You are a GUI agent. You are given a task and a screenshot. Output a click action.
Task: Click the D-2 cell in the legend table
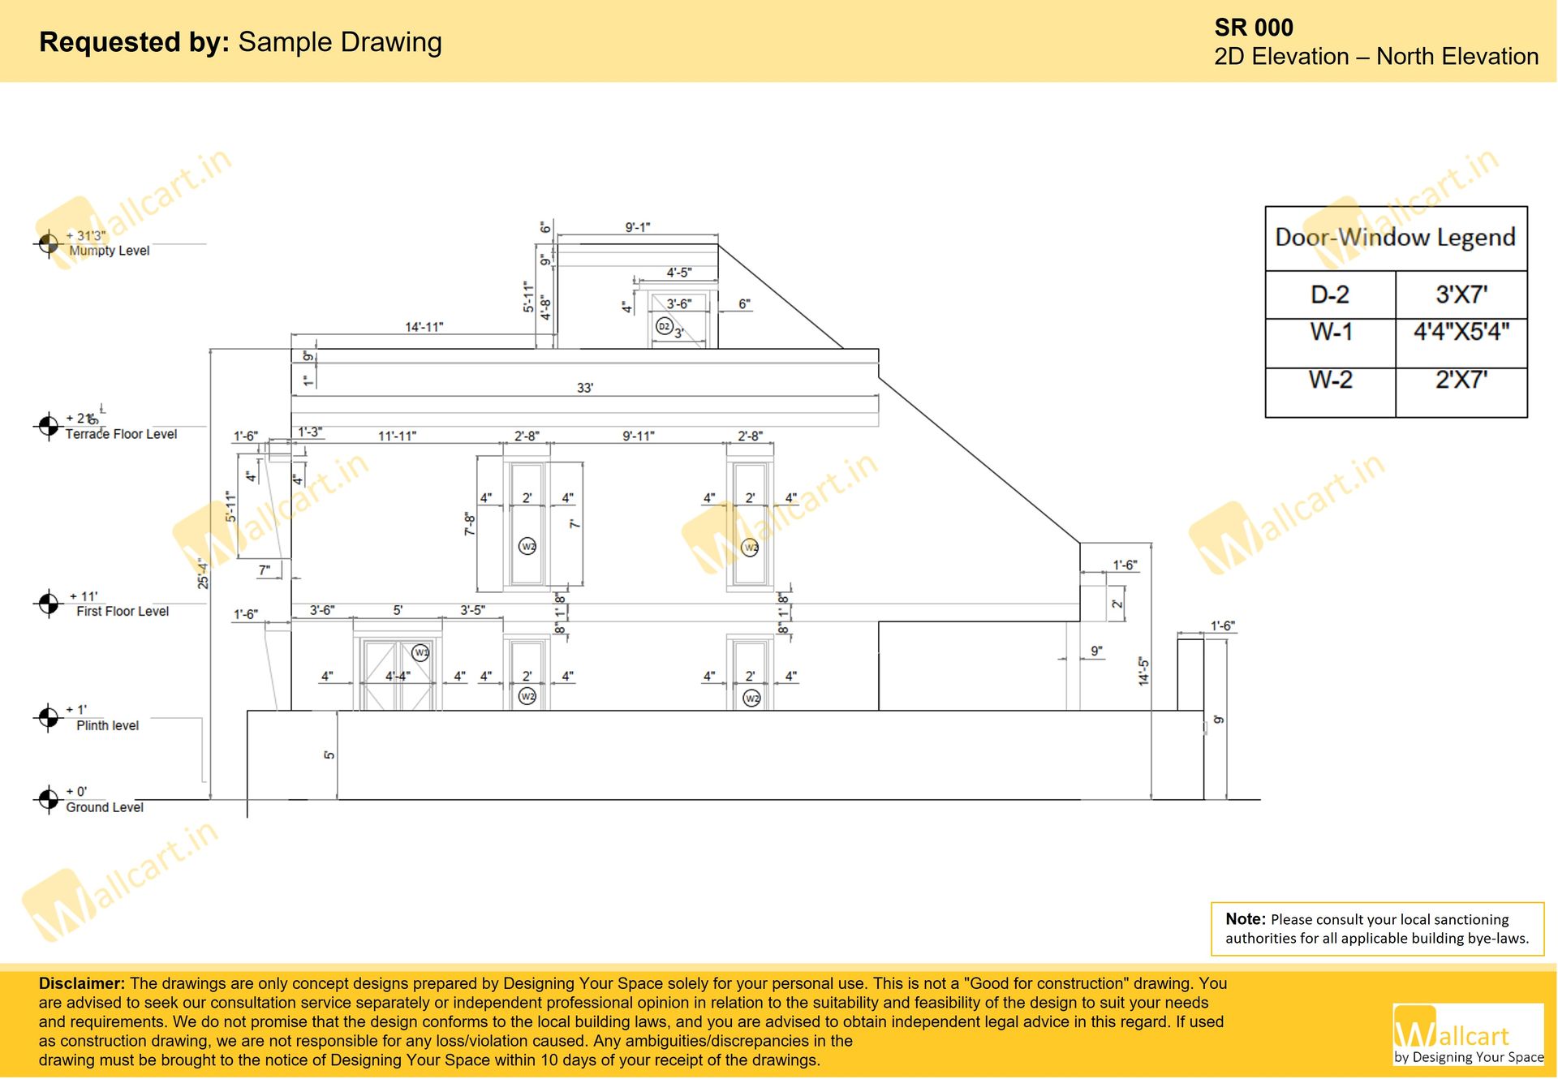pos(1329,294)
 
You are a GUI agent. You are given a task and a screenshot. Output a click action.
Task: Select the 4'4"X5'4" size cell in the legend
pos(1461,332)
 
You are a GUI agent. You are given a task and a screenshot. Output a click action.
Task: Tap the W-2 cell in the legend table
pos(1330,380)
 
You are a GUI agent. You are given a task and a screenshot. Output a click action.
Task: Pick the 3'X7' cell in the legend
pos(1461,294)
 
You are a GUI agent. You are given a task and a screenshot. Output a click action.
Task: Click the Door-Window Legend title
pos(1395,237)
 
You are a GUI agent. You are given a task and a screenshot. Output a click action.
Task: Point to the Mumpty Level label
pos(110,251)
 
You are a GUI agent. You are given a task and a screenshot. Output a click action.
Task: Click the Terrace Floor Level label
pos(121,434)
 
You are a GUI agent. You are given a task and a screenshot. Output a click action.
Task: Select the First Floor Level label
pos(123,611)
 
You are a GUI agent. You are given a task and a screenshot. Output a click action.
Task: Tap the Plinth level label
pos(107,725)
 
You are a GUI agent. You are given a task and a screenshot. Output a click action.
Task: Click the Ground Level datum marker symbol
pos(48,799)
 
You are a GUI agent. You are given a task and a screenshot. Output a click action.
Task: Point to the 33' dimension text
pos(584,388)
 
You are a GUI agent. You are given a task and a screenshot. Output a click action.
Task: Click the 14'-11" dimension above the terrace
pos(424,327)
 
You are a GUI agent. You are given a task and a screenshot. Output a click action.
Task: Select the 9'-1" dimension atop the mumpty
pos(637,227)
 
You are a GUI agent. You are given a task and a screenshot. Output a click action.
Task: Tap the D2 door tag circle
pos(664,327)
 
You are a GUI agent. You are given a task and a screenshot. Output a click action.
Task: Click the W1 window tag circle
pos(420,652)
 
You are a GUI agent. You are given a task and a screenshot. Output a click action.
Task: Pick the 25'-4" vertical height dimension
pos(203,573)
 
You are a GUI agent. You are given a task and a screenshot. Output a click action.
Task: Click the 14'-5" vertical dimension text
pos(1143,671)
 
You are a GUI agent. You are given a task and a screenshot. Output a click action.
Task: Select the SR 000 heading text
pos(1253,28)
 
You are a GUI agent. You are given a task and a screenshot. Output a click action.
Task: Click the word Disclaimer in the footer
pos(81,983)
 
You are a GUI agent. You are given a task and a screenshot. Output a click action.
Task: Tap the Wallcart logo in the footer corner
pos(1467,1034)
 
